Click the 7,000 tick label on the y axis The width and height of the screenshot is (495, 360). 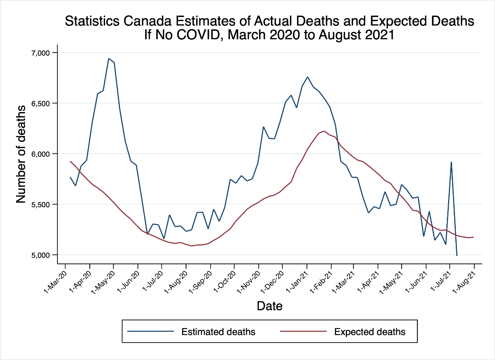pos(40,53)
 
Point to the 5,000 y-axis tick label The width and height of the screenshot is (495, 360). pos(40,255)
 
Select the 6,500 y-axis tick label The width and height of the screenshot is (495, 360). pos(40,104)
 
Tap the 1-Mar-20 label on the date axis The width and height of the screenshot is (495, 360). pos(53,278)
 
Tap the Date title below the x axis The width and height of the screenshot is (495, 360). pos(269,306)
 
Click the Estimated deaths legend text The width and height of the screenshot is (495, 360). pos(218,332)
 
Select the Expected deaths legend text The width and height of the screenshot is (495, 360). pos(370,332)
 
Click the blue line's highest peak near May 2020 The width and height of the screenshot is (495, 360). pos(109,59)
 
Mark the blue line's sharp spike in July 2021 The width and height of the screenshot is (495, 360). pos(451,162)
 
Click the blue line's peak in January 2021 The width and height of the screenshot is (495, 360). pos(307,77)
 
